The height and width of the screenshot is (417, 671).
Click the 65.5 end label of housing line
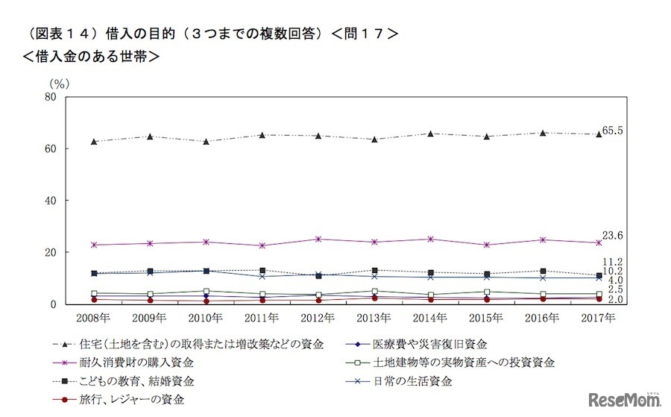coord(612,131)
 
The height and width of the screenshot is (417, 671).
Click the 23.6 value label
coord(612,236)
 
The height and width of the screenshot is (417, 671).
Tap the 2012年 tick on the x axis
coord(318,318)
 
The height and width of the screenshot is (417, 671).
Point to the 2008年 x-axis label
coord(94,318)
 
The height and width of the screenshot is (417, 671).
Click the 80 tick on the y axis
coord(50,97)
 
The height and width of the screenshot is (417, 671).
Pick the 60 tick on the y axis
coord(50,149)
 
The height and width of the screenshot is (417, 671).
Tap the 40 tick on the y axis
coord(50,201)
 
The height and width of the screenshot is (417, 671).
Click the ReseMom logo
coord(625,399)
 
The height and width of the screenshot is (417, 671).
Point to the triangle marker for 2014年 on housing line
coord(431,134)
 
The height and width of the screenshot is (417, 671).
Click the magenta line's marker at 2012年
coord(318,239)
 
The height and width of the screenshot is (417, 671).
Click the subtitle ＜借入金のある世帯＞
coord(92,56)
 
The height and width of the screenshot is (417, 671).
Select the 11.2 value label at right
coord(612,262)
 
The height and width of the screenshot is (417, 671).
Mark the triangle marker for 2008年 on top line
coord(94,141)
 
